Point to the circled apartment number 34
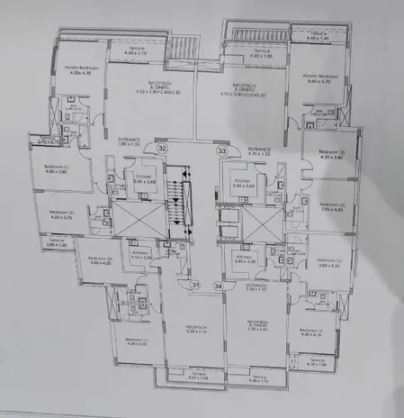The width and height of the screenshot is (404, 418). click(x=217, y=286)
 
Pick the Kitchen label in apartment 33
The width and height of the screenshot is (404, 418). click(x=242, y=183)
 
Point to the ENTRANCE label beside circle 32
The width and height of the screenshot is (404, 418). click(x=129, y=141)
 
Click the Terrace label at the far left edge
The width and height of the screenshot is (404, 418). click(x=31, y=241)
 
